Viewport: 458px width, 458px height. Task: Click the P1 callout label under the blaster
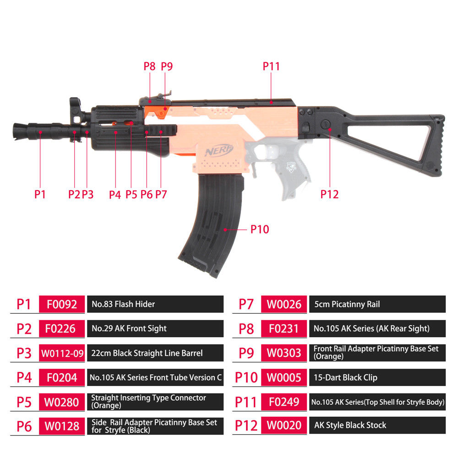click(40, 194)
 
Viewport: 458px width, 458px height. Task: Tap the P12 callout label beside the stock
click(329, 194)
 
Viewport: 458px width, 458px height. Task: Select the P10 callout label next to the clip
click(260, 229)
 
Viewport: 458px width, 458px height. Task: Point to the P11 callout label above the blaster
click(271, 66)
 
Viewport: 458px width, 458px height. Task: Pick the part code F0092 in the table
click(62, 304)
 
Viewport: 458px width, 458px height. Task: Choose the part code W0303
click(284, 353)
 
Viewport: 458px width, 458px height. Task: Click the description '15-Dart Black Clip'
click(345, 378)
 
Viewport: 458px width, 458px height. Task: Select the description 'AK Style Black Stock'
click(350, 425)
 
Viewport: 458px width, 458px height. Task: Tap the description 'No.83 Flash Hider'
click(123, 304)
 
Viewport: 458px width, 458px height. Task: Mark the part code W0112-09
click(62, 353)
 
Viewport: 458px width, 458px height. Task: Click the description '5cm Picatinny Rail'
click(347, 304)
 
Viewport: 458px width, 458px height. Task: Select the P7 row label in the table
click(246, 304)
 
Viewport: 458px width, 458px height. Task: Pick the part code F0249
click(284, 402)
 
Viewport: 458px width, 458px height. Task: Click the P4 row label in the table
click(24, 378)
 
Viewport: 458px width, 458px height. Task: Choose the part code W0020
click(284, 425)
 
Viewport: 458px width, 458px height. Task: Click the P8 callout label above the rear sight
click(150, 66)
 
